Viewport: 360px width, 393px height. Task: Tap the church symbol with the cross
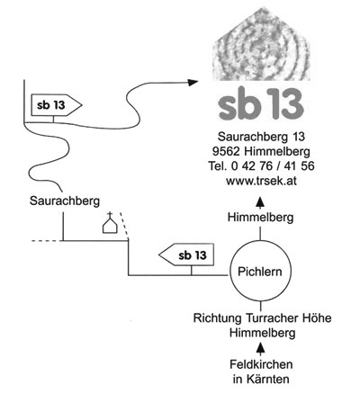tap(110, 223)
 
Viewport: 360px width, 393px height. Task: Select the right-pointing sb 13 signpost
tap(57, 105)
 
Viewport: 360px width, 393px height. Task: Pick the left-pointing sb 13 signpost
tap(186, 255)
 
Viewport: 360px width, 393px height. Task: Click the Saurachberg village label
tap(65, 201)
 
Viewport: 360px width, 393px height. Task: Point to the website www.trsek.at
tap(261, 181)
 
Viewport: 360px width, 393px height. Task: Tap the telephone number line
tap(261, 166)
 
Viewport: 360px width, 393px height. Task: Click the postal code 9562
tap(226, 151)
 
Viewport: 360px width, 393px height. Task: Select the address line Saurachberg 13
tap(261, 137)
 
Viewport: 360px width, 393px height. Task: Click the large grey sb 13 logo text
tap(261, 104)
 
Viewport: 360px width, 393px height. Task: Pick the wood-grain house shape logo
tap(261, 44)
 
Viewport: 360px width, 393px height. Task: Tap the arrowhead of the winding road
tap(193, 82)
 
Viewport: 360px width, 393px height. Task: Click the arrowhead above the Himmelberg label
tap(260, 202)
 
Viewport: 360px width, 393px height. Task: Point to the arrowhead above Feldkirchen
tap(261, 348)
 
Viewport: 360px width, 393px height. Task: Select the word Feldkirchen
tap(261, 364)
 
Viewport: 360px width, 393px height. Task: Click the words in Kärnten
tap(261, 379)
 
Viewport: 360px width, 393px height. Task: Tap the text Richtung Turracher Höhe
tap(263, 318)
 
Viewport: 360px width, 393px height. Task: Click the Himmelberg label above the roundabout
tap(260, 218)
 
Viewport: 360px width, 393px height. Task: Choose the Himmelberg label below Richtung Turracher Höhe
tap(263, 333)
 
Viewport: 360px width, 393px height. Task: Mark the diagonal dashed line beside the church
tap(124, 226)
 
